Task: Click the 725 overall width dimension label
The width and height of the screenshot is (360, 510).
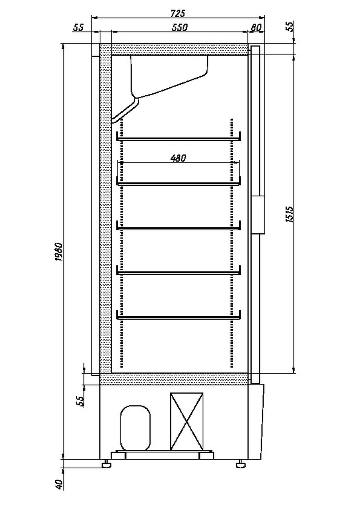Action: tap(178, 14)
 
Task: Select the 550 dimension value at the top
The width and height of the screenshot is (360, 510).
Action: tap(180, 27)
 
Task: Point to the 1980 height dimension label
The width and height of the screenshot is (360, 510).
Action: tap(59, 251)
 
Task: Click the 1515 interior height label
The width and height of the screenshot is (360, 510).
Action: tap(289, 214)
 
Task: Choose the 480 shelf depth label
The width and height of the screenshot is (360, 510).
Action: tap(178, 158)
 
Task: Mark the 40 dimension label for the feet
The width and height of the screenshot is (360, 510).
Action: tap(59, 484)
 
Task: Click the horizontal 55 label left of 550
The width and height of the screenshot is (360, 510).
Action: tap(78, 27)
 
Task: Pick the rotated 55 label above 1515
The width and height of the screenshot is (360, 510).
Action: tap(290, 26)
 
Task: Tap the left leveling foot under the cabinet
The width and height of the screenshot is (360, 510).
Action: tap(106, 464)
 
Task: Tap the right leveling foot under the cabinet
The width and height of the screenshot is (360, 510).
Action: tap(241, 464)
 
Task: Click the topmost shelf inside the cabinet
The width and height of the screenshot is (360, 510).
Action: tap(178, 139)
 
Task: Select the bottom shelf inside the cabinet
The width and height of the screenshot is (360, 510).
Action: tap(178, 317)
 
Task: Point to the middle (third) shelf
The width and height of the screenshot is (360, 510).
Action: tap(178, 228)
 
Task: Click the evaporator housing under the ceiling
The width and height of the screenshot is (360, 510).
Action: tap(169, 76)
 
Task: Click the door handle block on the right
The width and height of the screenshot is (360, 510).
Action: tap(258, 215)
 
